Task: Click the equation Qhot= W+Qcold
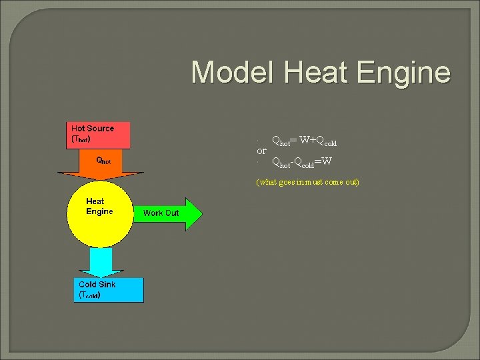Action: pyautogui.click(x=304, y=141)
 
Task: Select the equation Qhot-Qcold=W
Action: pyautogui.click(x=301, y=162)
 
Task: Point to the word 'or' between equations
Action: pyautogui.click(x=262, y=151)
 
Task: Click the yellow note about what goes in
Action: pyautogui.click(x=308, y=182)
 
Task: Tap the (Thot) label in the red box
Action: pyautogui.click(x=81, y=140)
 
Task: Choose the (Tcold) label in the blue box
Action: pyautogui.click(x=90, y=295)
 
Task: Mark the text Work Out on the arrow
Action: pyautogui.click(x=161, y=213)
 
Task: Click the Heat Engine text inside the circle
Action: pyautogui.click(x=99, y=206)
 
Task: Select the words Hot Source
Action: pyautogui.click(x=93, y=129)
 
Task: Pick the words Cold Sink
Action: pyautogui.click(x=97, y=284)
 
